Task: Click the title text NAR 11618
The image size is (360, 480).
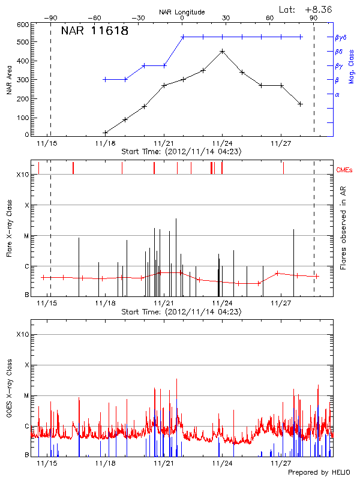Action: pyautogui.click(x=95, y=31)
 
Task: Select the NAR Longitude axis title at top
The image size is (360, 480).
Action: pyautogui.click(x=182, y=11)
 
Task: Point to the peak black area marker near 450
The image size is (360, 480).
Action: pyautogui.click(x=223, y=51)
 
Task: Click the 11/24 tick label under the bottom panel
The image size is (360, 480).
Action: pyautogui.click(x=222, y=463)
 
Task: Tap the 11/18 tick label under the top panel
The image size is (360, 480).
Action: pyautogui.click(x=105, y=144)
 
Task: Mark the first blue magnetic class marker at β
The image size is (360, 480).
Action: pyautogui.click(x=105, y=79)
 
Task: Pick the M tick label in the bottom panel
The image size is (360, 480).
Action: pyautogui.click(x=25, y=395)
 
